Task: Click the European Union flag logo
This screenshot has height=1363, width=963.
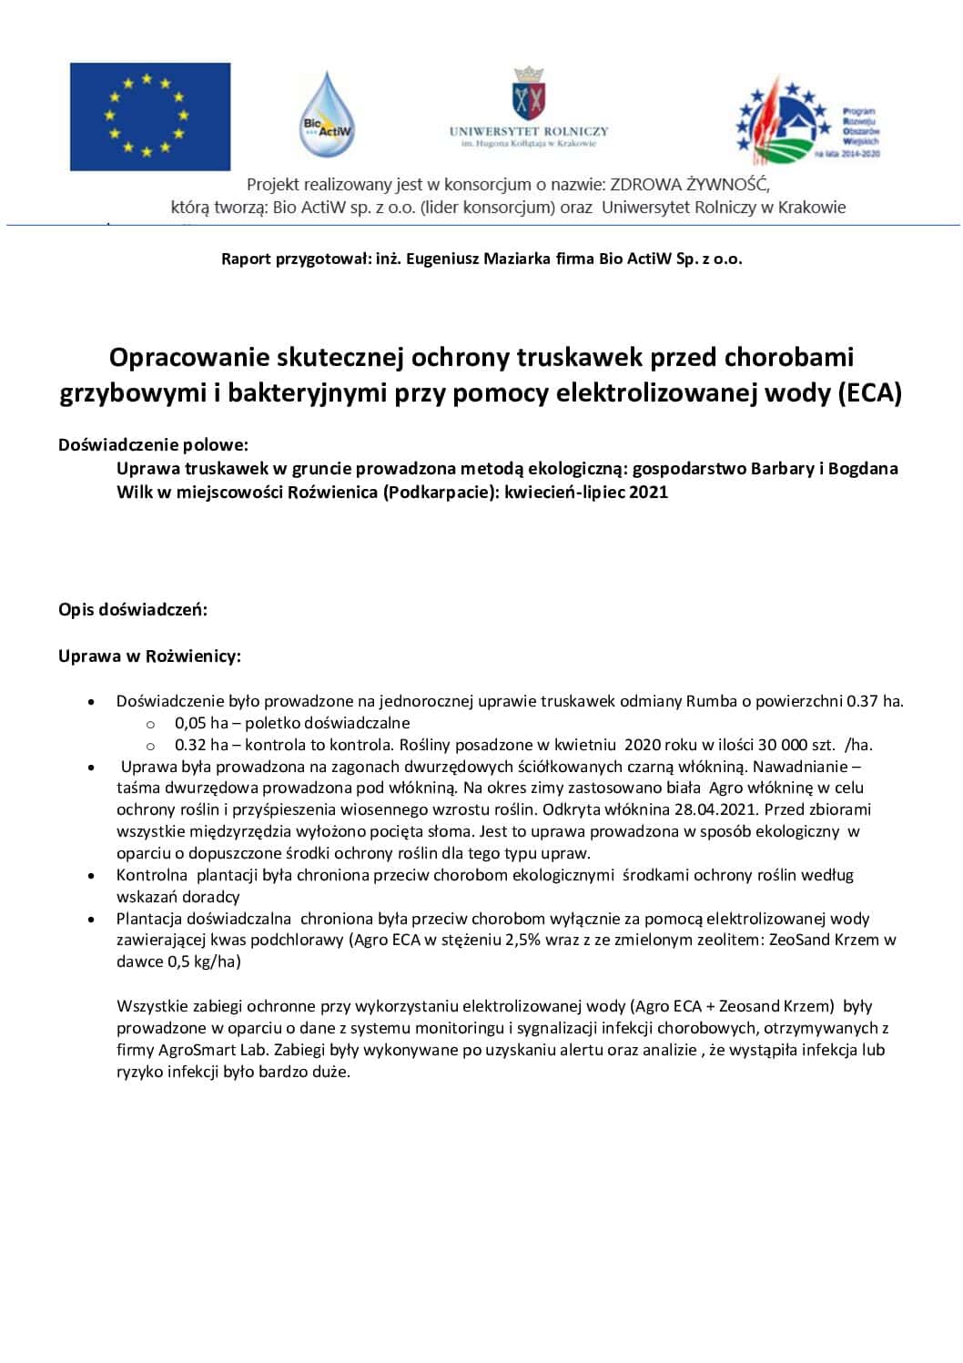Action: [150, 116]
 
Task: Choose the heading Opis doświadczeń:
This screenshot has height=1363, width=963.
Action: [133, 609]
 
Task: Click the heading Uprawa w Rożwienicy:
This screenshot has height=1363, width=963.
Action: [149, 656]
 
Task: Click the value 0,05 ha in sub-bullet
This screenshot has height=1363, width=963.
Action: [201, 723]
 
